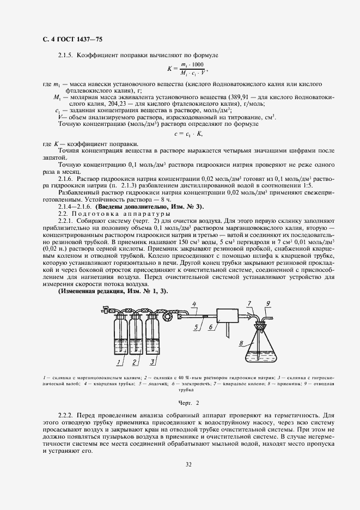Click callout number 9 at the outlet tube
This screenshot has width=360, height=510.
pyautogui.click(x=268, y=303)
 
